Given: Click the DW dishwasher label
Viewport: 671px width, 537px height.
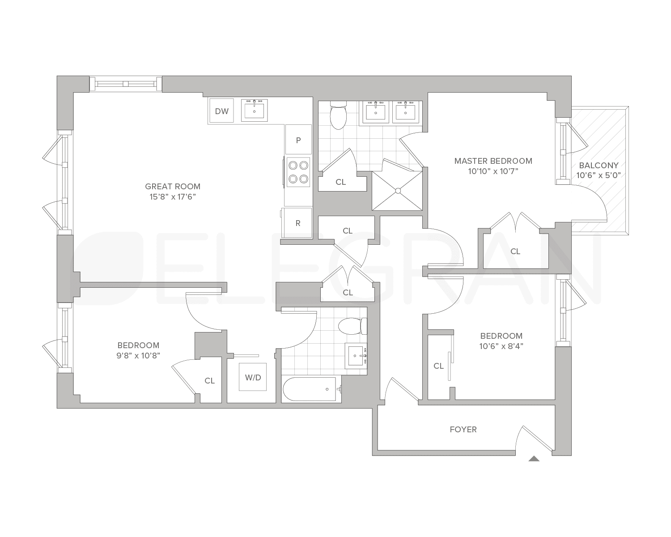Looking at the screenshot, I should [221, 111].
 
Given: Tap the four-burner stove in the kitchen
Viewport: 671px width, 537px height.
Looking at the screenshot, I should [298, 172].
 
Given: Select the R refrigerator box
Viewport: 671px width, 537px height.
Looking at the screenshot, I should [298, 223].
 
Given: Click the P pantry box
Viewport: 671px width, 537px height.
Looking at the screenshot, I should [298, 140].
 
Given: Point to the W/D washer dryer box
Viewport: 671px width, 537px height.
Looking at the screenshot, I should [253, 377].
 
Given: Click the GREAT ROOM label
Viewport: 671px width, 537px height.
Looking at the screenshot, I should [173, 187].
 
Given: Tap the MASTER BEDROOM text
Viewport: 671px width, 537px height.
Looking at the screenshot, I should [493, 161].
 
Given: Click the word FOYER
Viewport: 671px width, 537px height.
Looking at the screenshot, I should [463, 430].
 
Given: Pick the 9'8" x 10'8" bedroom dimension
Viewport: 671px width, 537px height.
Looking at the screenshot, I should [138, 355].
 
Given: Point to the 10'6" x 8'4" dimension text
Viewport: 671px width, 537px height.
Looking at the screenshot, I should [501, 346].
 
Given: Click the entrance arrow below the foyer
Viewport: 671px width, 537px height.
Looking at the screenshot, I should [534, 458].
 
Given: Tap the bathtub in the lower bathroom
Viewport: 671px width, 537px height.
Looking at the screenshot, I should [309, 389].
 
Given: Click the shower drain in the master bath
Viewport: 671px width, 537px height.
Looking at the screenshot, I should [397, 191].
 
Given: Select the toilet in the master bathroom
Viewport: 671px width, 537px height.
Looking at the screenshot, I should [338, 115].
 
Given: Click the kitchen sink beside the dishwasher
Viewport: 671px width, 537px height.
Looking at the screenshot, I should [254, 110].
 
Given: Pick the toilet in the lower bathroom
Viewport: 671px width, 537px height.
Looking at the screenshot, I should [352, 326].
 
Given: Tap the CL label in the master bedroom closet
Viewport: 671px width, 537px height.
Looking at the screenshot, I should [515, 251].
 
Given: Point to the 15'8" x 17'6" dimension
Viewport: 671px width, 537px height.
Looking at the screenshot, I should [173, 197].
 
